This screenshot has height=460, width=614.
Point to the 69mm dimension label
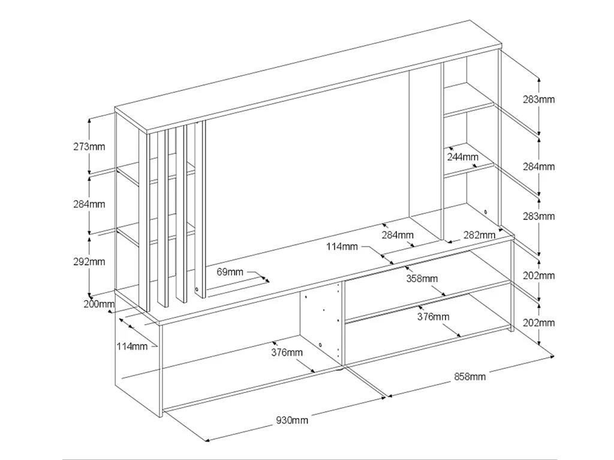click(230, 272)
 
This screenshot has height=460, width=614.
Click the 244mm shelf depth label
click(462, 157)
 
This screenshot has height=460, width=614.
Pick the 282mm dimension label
click(480, 235)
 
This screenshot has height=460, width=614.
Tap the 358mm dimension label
click(422, 279)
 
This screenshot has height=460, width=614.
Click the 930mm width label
click(292, 420)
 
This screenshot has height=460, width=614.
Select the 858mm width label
click(470, 377)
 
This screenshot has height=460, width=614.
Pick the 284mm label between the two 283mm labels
click(539, 167)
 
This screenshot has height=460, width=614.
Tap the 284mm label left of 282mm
click(398, 235)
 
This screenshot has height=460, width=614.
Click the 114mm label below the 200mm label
click(132, 346)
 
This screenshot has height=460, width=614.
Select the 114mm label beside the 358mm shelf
click(342, 246)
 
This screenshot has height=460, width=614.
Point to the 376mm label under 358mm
click(434, 317)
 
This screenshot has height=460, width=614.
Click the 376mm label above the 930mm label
click(287, 352)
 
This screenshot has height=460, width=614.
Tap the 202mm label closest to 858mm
click(539, 323)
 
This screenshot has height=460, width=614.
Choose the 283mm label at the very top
click(539, 99)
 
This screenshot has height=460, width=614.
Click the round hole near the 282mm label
click(485, 211)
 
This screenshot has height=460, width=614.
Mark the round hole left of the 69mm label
click(197, 290)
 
